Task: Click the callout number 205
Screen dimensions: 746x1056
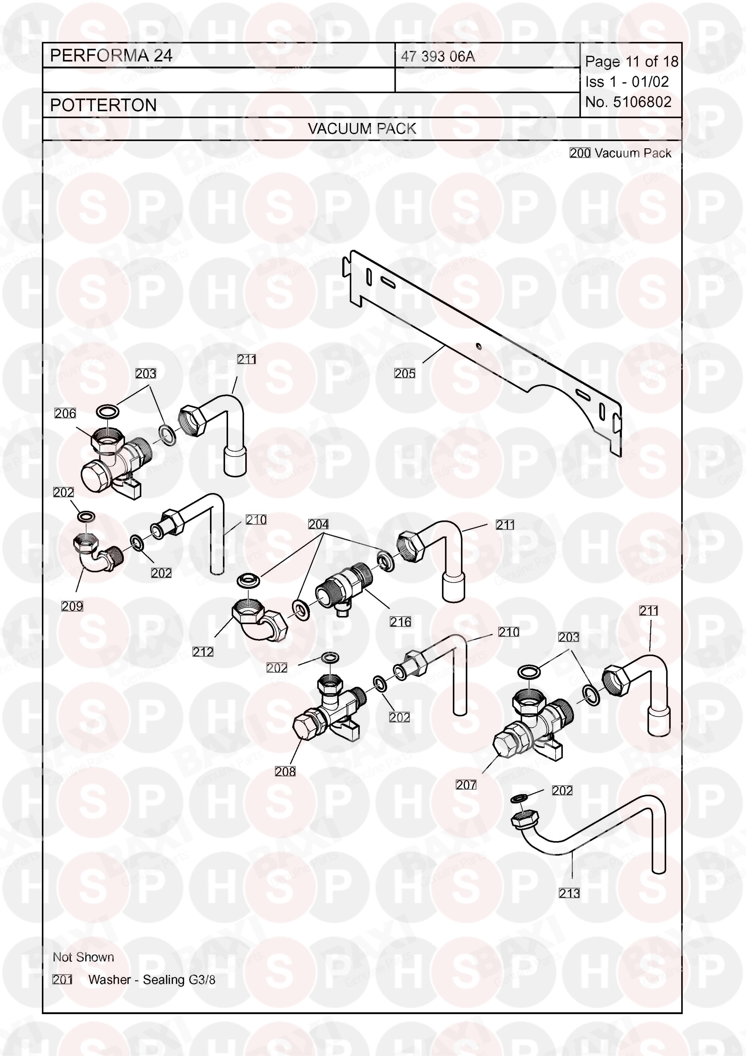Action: coord(404,373)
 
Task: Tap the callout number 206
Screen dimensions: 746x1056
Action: coord(65,413)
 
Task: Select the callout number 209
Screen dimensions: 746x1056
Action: coord(72,606)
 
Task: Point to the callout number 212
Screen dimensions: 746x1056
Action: coord(203,651)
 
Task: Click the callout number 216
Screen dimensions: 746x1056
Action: coord(400,622)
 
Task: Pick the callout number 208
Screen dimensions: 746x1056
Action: coord(285,771)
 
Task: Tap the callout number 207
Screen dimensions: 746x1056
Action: coord(466,785)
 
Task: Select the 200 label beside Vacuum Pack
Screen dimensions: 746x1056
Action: coord(580,153)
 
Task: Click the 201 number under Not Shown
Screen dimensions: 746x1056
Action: coord(63,980)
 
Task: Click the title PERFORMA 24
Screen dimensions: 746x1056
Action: coord(111,56)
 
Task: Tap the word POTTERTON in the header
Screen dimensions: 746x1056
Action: coord(104,105)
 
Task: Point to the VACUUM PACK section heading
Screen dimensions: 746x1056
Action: coord(362,129)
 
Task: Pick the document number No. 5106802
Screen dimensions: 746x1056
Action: coord(628,102)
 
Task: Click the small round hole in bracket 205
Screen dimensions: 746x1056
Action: coord(478,346)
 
